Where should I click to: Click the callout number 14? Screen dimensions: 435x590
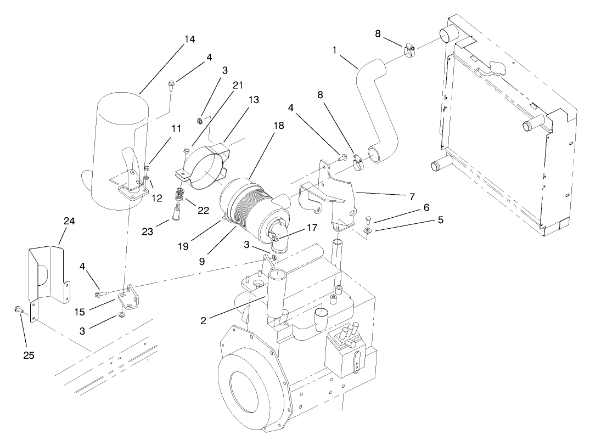tap(189, 39)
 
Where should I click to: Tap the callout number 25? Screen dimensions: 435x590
tap(29, 355)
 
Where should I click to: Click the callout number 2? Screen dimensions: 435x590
tap(203, 320)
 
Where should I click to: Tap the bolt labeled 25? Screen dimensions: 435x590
tap(18, 310)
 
